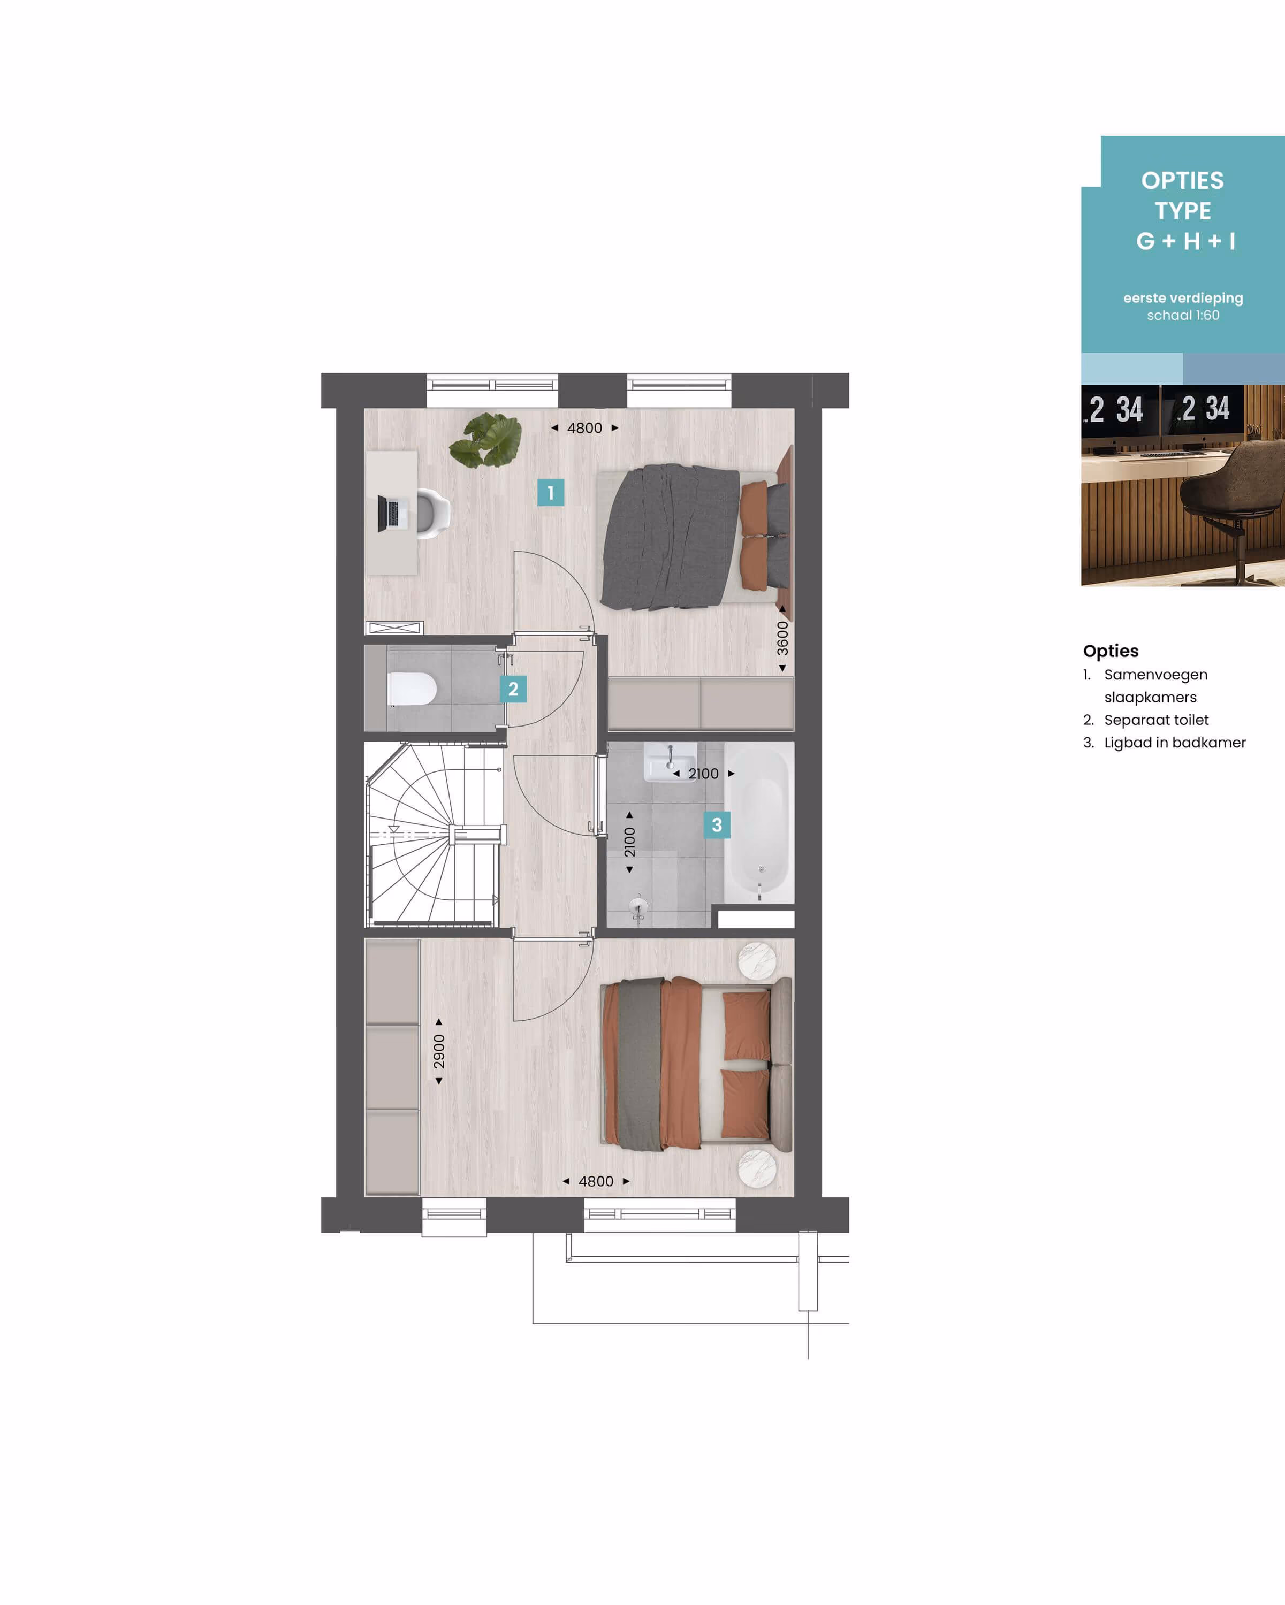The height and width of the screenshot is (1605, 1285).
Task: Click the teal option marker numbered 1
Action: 550,492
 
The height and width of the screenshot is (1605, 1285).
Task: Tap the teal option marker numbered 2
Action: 513,689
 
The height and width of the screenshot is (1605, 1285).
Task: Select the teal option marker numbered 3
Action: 717,825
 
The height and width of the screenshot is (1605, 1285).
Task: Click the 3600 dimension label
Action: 782,638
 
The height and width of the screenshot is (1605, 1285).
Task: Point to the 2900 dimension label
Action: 439,1051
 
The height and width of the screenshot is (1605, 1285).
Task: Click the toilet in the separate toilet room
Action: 412,689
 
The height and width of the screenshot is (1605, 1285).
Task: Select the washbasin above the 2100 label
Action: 670,761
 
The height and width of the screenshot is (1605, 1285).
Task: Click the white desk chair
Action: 432,513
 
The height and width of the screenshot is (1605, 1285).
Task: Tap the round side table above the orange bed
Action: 757,960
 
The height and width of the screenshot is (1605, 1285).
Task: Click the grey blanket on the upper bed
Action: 670,536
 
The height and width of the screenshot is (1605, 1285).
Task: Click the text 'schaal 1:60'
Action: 1183,315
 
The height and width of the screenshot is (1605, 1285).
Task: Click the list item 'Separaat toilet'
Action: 1156,720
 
